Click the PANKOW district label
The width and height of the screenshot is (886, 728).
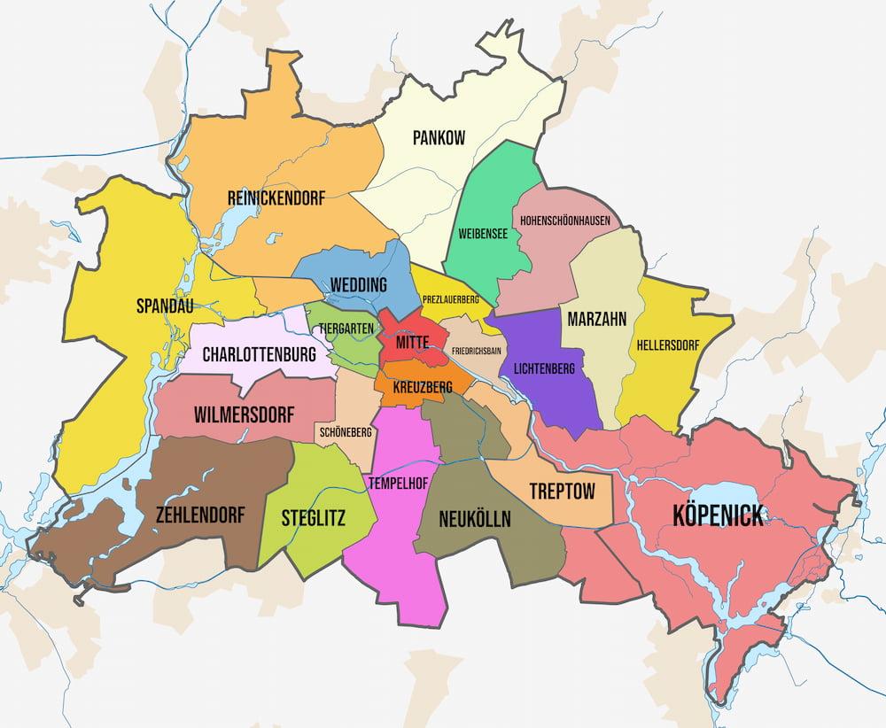(x=439, y=138)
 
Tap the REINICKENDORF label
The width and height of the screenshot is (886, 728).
(x=276, y=198)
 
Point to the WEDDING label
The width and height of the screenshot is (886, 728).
(x=358, y=285)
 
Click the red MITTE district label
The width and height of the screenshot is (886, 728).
(x=412, y=342)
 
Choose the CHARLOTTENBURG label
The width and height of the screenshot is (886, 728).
(x=259, y=355)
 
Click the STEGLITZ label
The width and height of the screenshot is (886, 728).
(x=313, y=517)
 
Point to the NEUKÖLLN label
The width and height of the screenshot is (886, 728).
(x=475, y=519)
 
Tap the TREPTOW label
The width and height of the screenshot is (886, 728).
(x=562, y=491)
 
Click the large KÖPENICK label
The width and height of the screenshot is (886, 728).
(x=718, y=515)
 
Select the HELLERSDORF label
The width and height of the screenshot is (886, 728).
(x=669, y=342)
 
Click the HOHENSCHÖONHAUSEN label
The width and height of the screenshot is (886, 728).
(x=564, y=220)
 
